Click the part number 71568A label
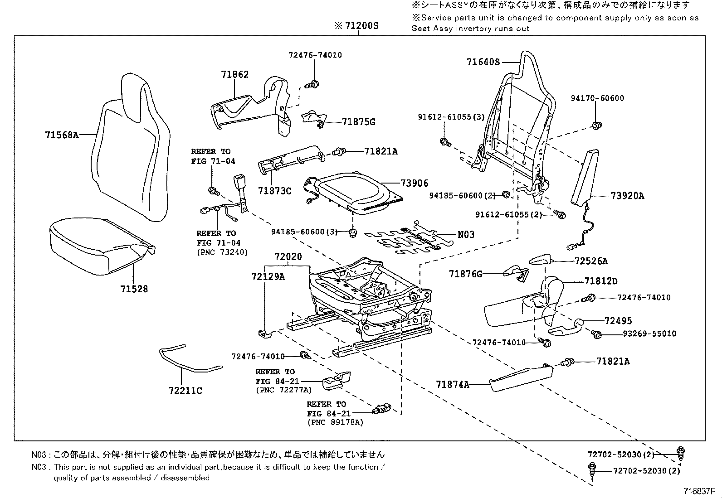point(62,135)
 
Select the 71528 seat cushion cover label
point(134,289)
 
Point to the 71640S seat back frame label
point(483,62)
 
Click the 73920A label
point(627,196)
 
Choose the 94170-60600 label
point(597,98)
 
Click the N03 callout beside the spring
point(466,234)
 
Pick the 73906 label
point(414,183)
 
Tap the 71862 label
point(235,75)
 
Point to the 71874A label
point(453,385)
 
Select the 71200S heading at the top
point(356,26)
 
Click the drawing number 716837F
point(699,491)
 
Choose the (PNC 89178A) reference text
point(335,423)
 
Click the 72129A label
point(268,276)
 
